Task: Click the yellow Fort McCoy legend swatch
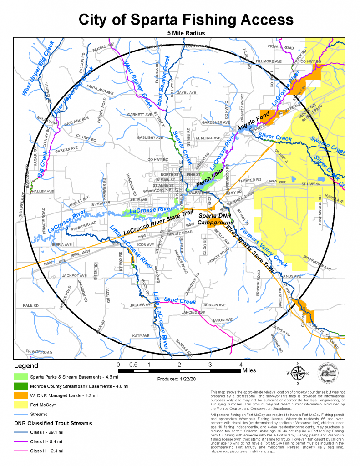click(20, 405)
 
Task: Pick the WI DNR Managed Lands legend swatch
click(20, 395)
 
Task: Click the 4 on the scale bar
click(241, 365)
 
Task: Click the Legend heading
click(26, 366)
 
